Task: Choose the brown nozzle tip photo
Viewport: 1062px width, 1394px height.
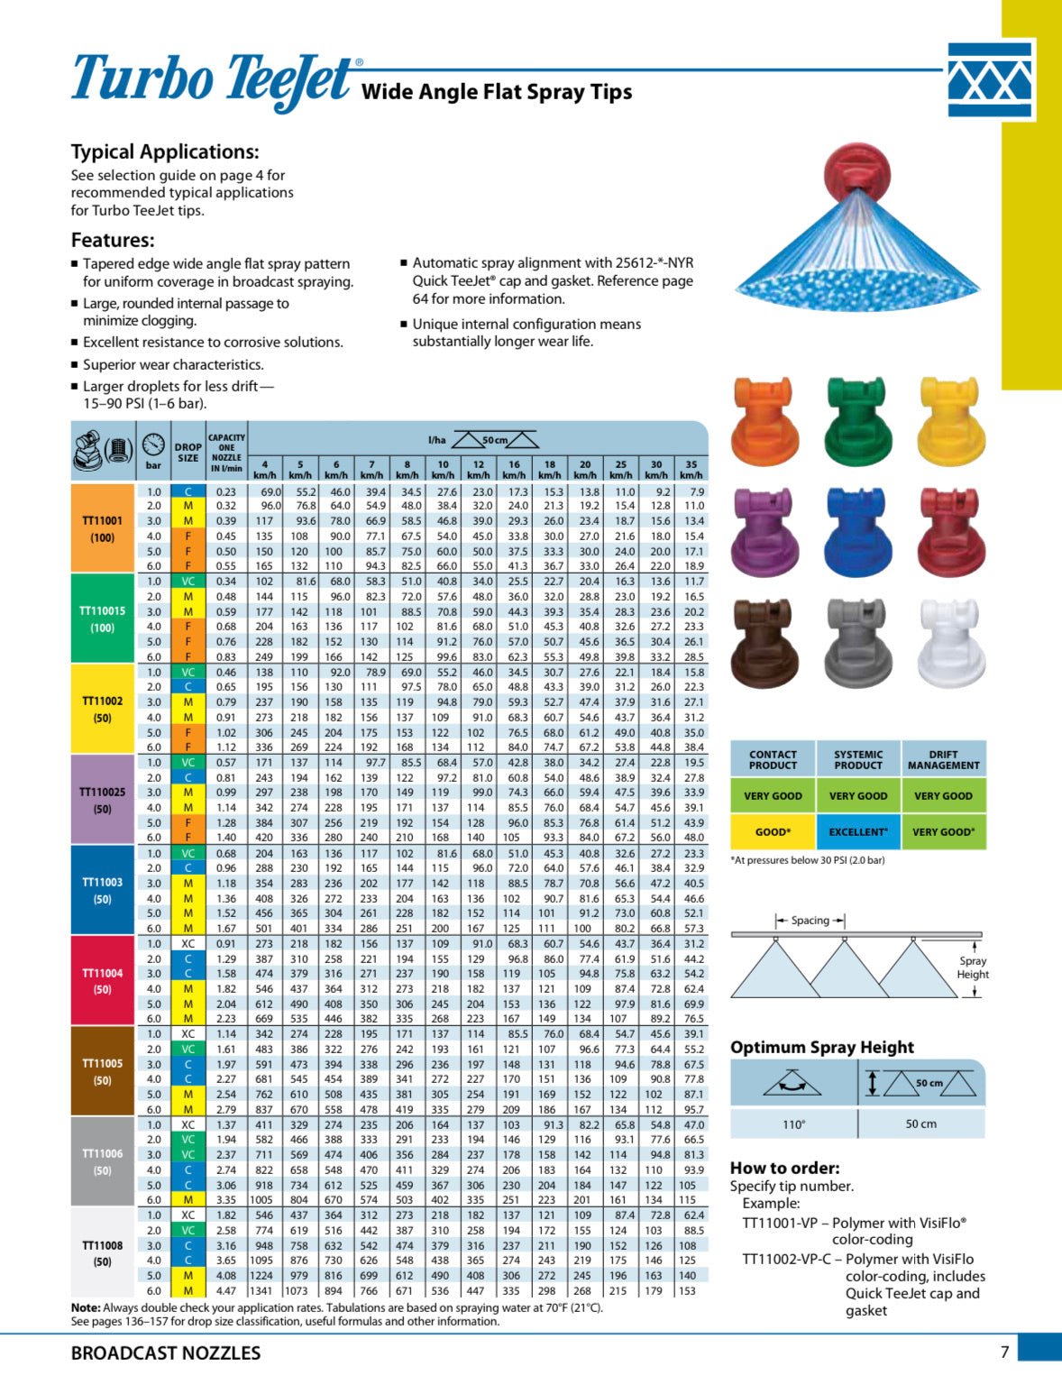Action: (765, 643)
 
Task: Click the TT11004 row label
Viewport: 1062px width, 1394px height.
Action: (103, 981)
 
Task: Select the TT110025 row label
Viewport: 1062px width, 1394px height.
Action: (103, 800)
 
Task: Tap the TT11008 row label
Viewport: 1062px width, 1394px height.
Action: (103, 1253)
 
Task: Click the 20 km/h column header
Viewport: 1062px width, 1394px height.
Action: (585, 469)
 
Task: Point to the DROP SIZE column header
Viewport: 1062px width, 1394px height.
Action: (188, 452)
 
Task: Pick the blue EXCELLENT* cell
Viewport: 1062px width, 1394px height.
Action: (858, 831)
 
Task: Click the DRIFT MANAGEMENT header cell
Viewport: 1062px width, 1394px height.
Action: (943, 759)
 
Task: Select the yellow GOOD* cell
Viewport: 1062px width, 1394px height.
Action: (773, 831)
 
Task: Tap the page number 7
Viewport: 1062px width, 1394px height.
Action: (1004, 1352)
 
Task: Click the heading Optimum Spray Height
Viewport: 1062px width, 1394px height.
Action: (822, 1047)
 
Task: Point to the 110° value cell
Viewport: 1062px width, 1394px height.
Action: (793, 1123)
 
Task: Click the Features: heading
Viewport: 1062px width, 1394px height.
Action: (113, 240)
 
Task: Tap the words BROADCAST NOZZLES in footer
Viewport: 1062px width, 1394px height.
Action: (166, 1353)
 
